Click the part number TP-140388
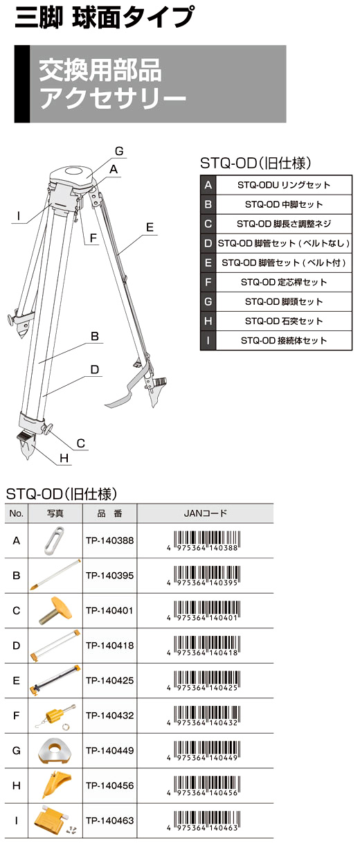pyautogui.click(x=109, y=540)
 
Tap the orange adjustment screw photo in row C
pyautogui.click(x=55, y=610)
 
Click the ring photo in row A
pyautogui.click(x=54, y=540)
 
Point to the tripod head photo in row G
pyautogui.click(x=55, y=750)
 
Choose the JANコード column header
pyautogui.click(x=205, y=513)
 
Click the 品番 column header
pyautogui.click(x=109, y=513)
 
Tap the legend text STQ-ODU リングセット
pyautogui.click(x=284, y=185)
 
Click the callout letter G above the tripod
pyautogui.click(x=119, y=151)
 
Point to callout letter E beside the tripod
pyautogui.click(x=150, y=227)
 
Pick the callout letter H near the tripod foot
pyautogui.click(x=64, y=458)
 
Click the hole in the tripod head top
pyautogui.click(x=73, y=171)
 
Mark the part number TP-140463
pyautogui.click(x=109, y=820)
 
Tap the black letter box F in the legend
pyautogui.click(x=208, y=282)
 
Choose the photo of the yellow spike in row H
pyautogui.click(x=56, y=786)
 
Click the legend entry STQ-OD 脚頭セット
pyautogui.click(x=284, y=301)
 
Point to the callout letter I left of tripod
pyautogui.click(x=19, y=216)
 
